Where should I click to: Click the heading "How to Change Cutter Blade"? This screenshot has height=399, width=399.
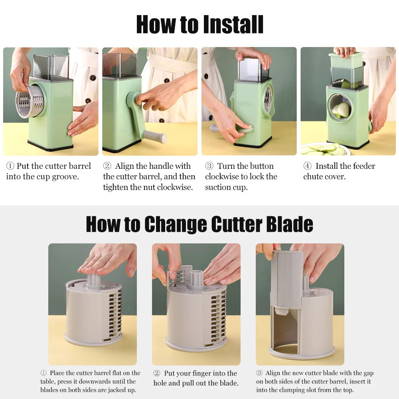(199, 224)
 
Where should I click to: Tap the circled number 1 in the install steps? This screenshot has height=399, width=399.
(10, 166)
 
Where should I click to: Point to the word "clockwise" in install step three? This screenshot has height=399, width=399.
(224, 177)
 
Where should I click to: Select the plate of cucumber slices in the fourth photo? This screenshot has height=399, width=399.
(325, 149)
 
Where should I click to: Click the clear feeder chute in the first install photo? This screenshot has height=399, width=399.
(51, 66)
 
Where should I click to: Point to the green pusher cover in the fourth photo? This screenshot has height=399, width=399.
(346, 60)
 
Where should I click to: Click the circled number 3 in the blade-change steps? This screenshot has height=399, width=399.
(259, 373)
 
